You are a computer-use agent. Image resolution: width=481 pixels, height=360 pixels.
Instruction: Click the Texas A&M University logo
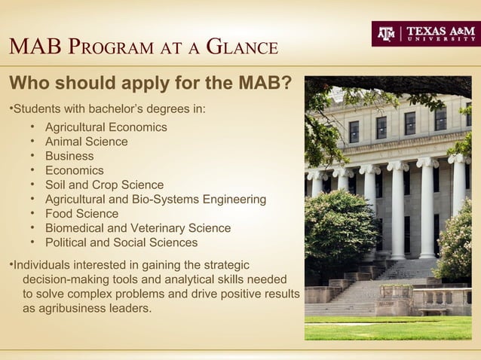click(x=425, y=33)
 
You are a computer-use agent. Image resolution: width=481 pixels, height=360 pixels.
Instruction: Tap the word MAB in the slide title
click(x=34, y=48)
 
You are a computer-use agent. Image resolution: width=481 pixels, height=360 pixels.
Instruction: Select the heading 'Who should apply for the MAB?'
click(x=149, y=82)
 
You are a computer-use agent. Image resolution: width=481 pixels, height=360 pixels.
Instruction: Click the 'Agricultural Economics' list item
click(x=106, y=127)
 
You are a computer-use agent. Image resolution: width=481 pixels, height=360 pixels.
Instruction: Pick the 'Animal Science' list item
click(x=86, y=142)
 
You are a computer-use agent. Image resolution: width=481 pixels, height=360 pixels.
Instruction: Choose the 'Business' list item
click(x=69, y=156)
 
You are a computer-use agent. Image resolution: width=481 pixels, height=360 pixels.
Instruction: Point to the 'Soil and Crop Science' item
click(x=104, y=185)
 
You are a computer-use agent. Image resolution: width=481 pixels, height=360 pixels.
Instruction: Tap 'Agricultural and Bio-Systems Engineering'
click(x=155, y=200)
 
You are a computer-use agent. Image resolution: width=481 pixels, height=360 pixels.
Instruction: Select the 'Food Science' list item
click(x=81, y=214)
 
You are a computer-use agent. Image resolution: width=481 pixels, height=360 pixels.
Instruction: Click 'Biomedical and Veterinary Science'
click(x=138, y=228)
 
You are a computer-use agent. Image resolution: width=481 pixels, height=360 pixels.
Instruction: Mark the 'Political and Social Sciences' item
click(x=121, y=243)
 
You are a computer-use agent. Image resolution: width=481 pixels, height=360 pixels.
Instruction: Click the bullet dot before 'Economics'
click(x=33, y=171)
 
